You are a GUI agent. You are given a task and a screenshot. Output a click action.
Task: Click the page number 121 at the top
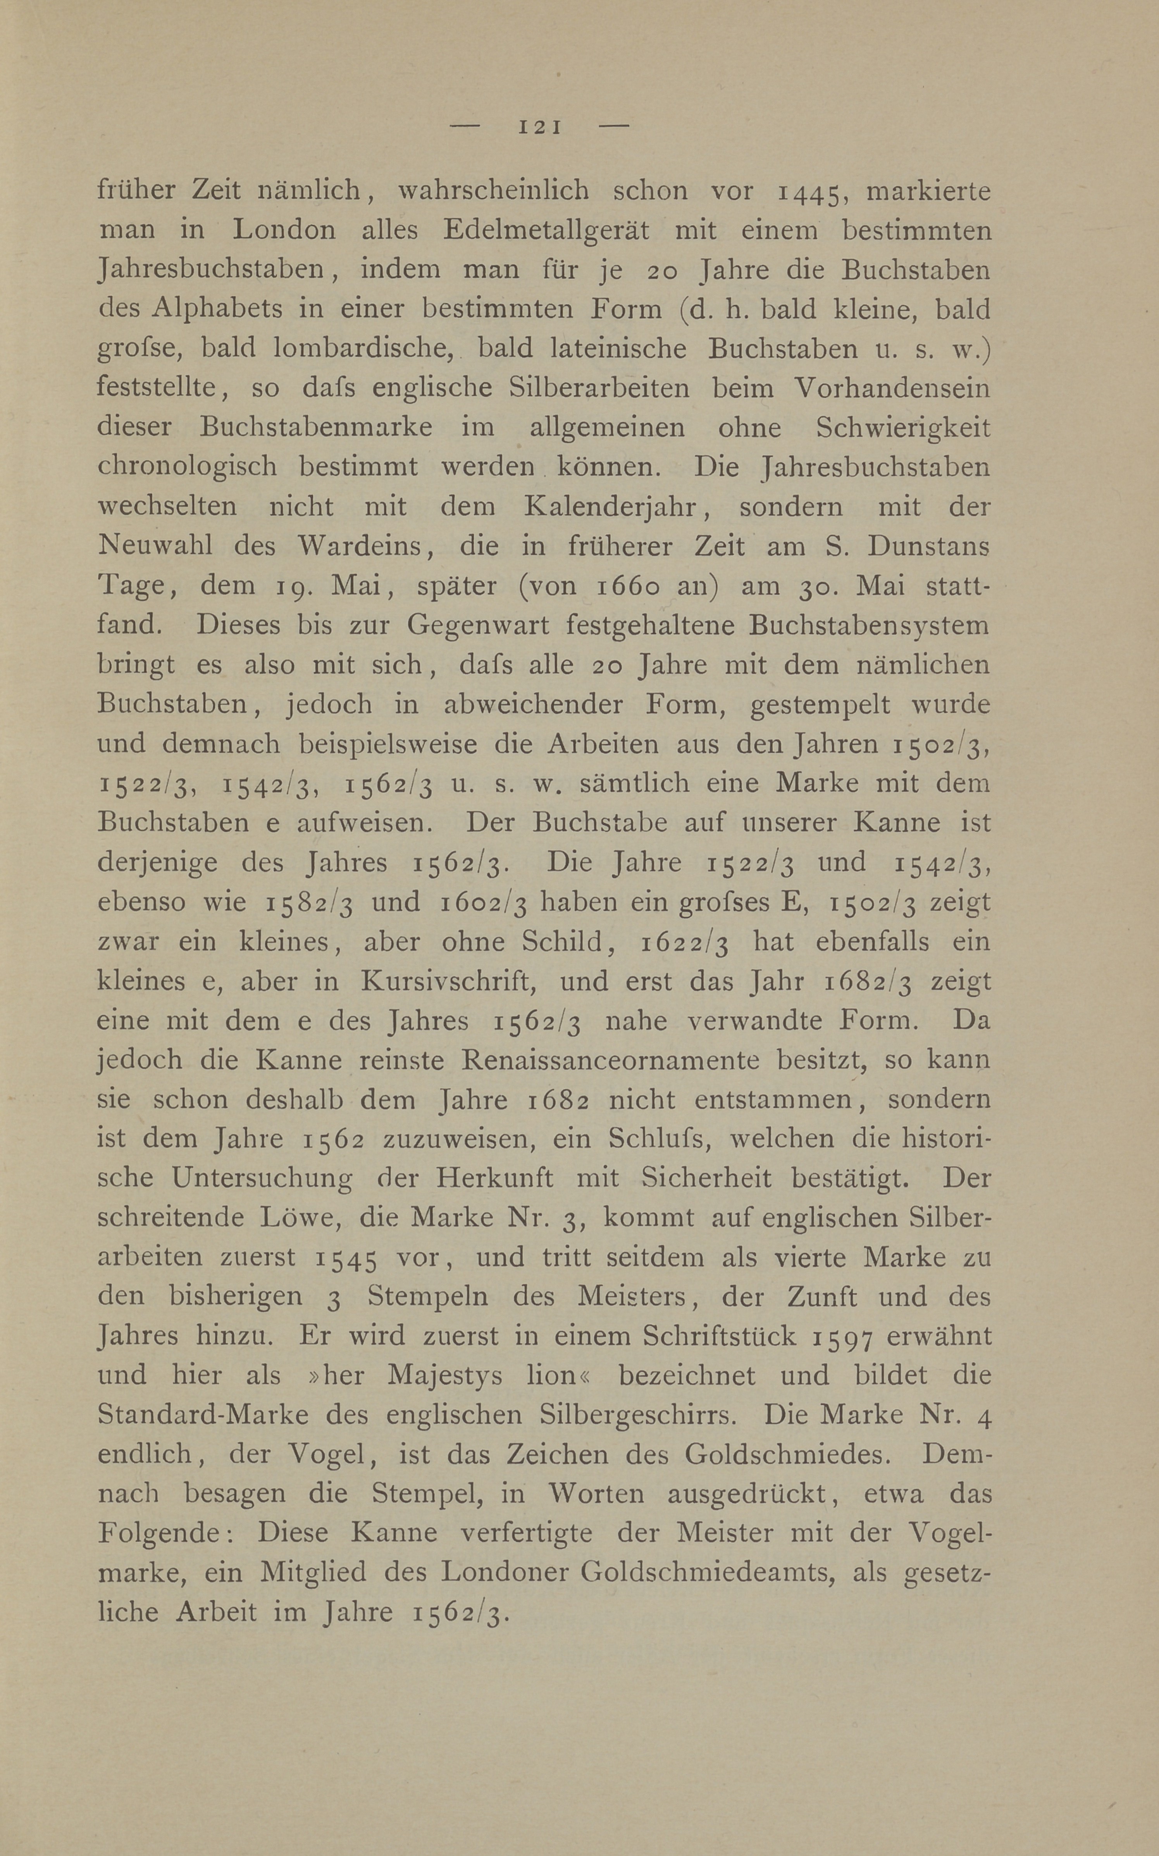coord(541,126)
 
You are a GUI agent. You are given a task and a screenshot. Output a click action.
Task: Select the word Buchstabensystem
coord(868,626)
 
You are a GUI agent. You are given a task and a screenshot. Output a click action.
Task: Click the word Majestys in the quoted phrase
coord(444,1376)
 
